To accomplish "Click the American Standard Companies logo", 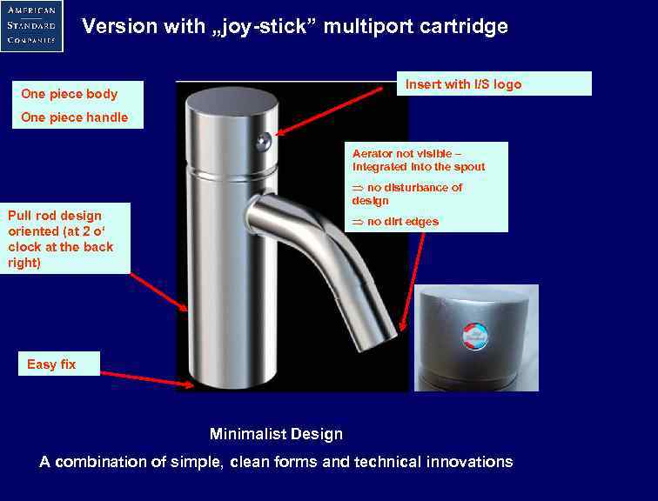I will (x=31, y=25).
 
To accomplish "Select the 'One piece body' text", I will (x=69, y=94).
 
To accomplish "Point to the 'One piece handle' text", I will (x=74, y=117).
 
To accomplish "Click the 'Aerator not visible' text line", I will (x=413, y=153).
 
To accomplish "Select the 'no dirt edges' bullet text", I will (x=402, y=222).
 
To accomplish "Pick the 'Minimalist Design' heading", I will (x=276, y=434).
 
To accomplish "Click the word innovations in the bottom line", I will (x=469, y=462).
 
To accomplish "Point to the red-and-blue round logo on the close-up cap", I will (x=474, y=336).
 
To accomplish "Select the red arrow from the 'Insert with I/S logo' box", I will (x=336, y=110).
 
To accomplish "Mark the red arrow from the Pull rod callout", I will (x=159, y=291).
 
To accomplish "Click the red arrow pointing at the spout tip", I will (x=413, y=278).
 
